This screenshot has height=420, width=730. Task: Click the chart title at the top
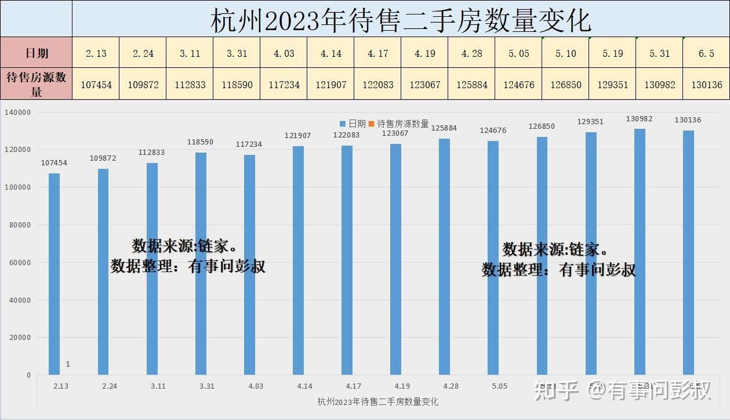(x=401, y=20)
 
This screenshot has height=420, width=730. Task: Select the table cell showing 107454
(x=96, y=85)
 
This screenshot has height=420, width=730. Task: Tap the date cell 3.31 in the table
(x=237, y=53)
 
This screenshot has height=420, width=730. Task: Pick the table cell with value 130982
(x=659, y=85)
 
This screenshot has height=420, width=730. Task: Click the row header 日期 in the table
(x=37, y=53)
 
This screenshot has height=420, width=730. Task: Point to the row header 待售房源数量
(x=37, y=85)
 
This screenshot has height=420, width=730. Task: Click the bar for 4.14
(x=298, y=260)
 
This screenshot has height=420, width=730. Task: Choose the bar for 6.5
(x=688, y=252)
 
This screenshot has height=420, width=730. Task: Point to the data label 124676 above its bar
(x=493, y=131)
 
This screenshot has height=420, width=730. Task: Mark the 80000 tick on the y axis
(x=20, y=225)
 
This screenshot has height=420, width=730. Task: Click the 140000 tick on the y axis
(x=18, y=113)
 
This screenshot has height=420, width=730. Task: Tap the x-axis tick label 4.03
(x=255, y=386)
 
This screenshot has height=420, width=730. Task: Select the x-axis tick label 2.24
(x=109, y=386)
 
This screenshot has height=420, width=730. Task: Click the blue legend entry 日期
(x=353, y=124)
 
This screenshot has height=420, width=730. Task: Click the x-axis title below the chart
(x=377, y=401)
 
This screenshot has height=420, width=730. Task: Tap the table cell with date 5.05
(x=518, y=53)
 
